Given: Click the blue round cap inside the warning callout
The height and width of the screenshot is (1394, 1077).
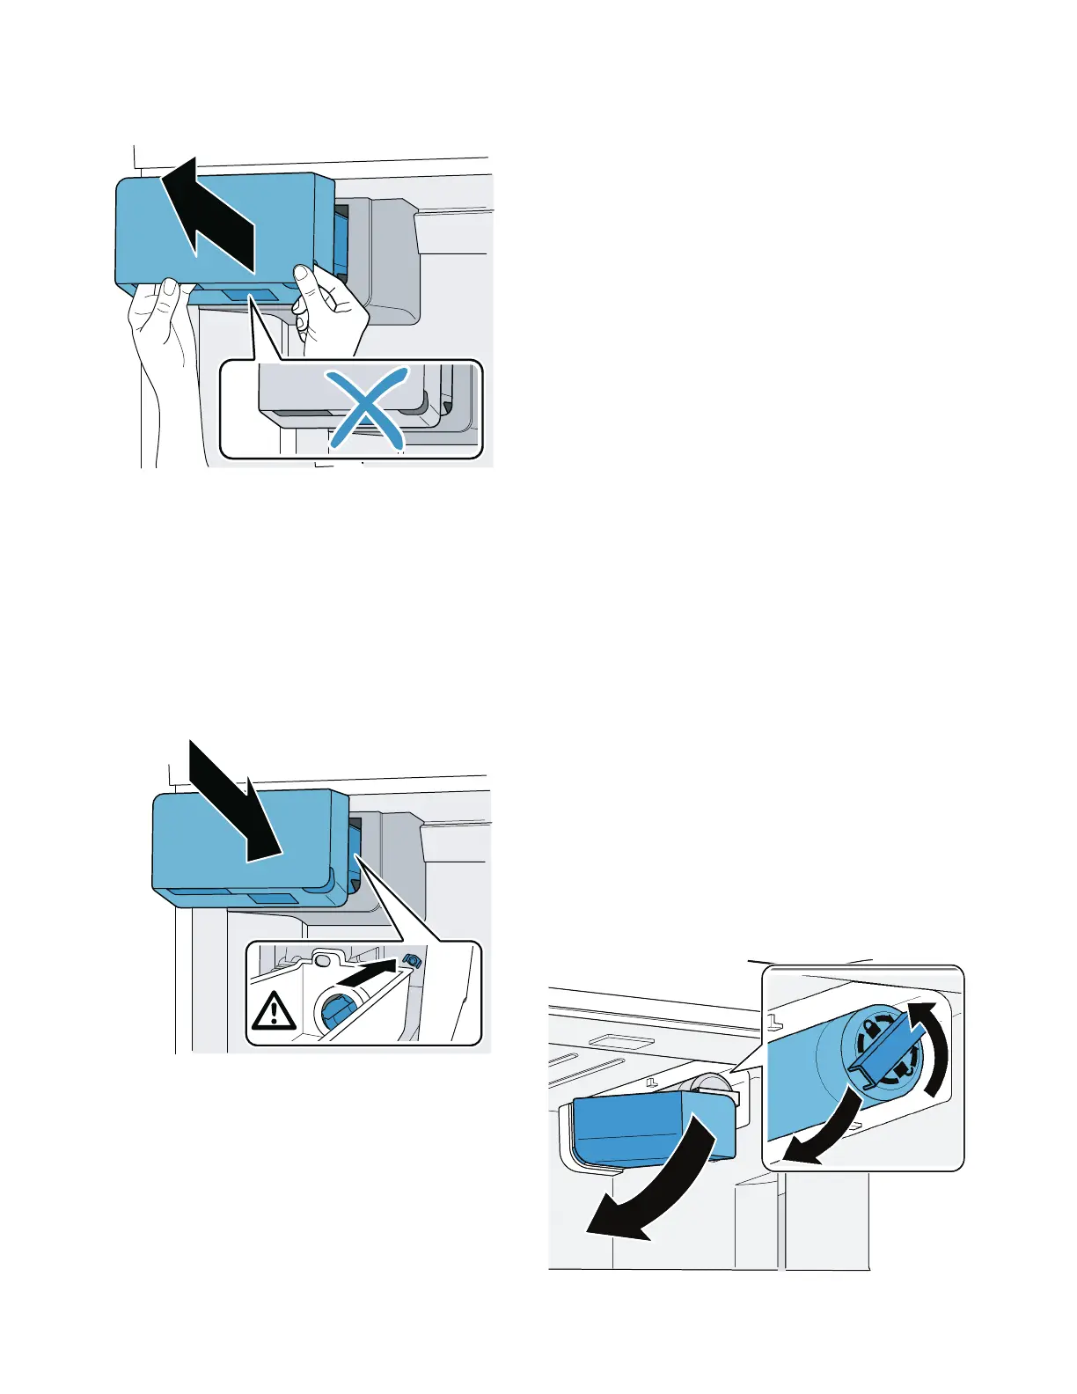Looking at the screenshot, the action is click(336, 1011).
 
